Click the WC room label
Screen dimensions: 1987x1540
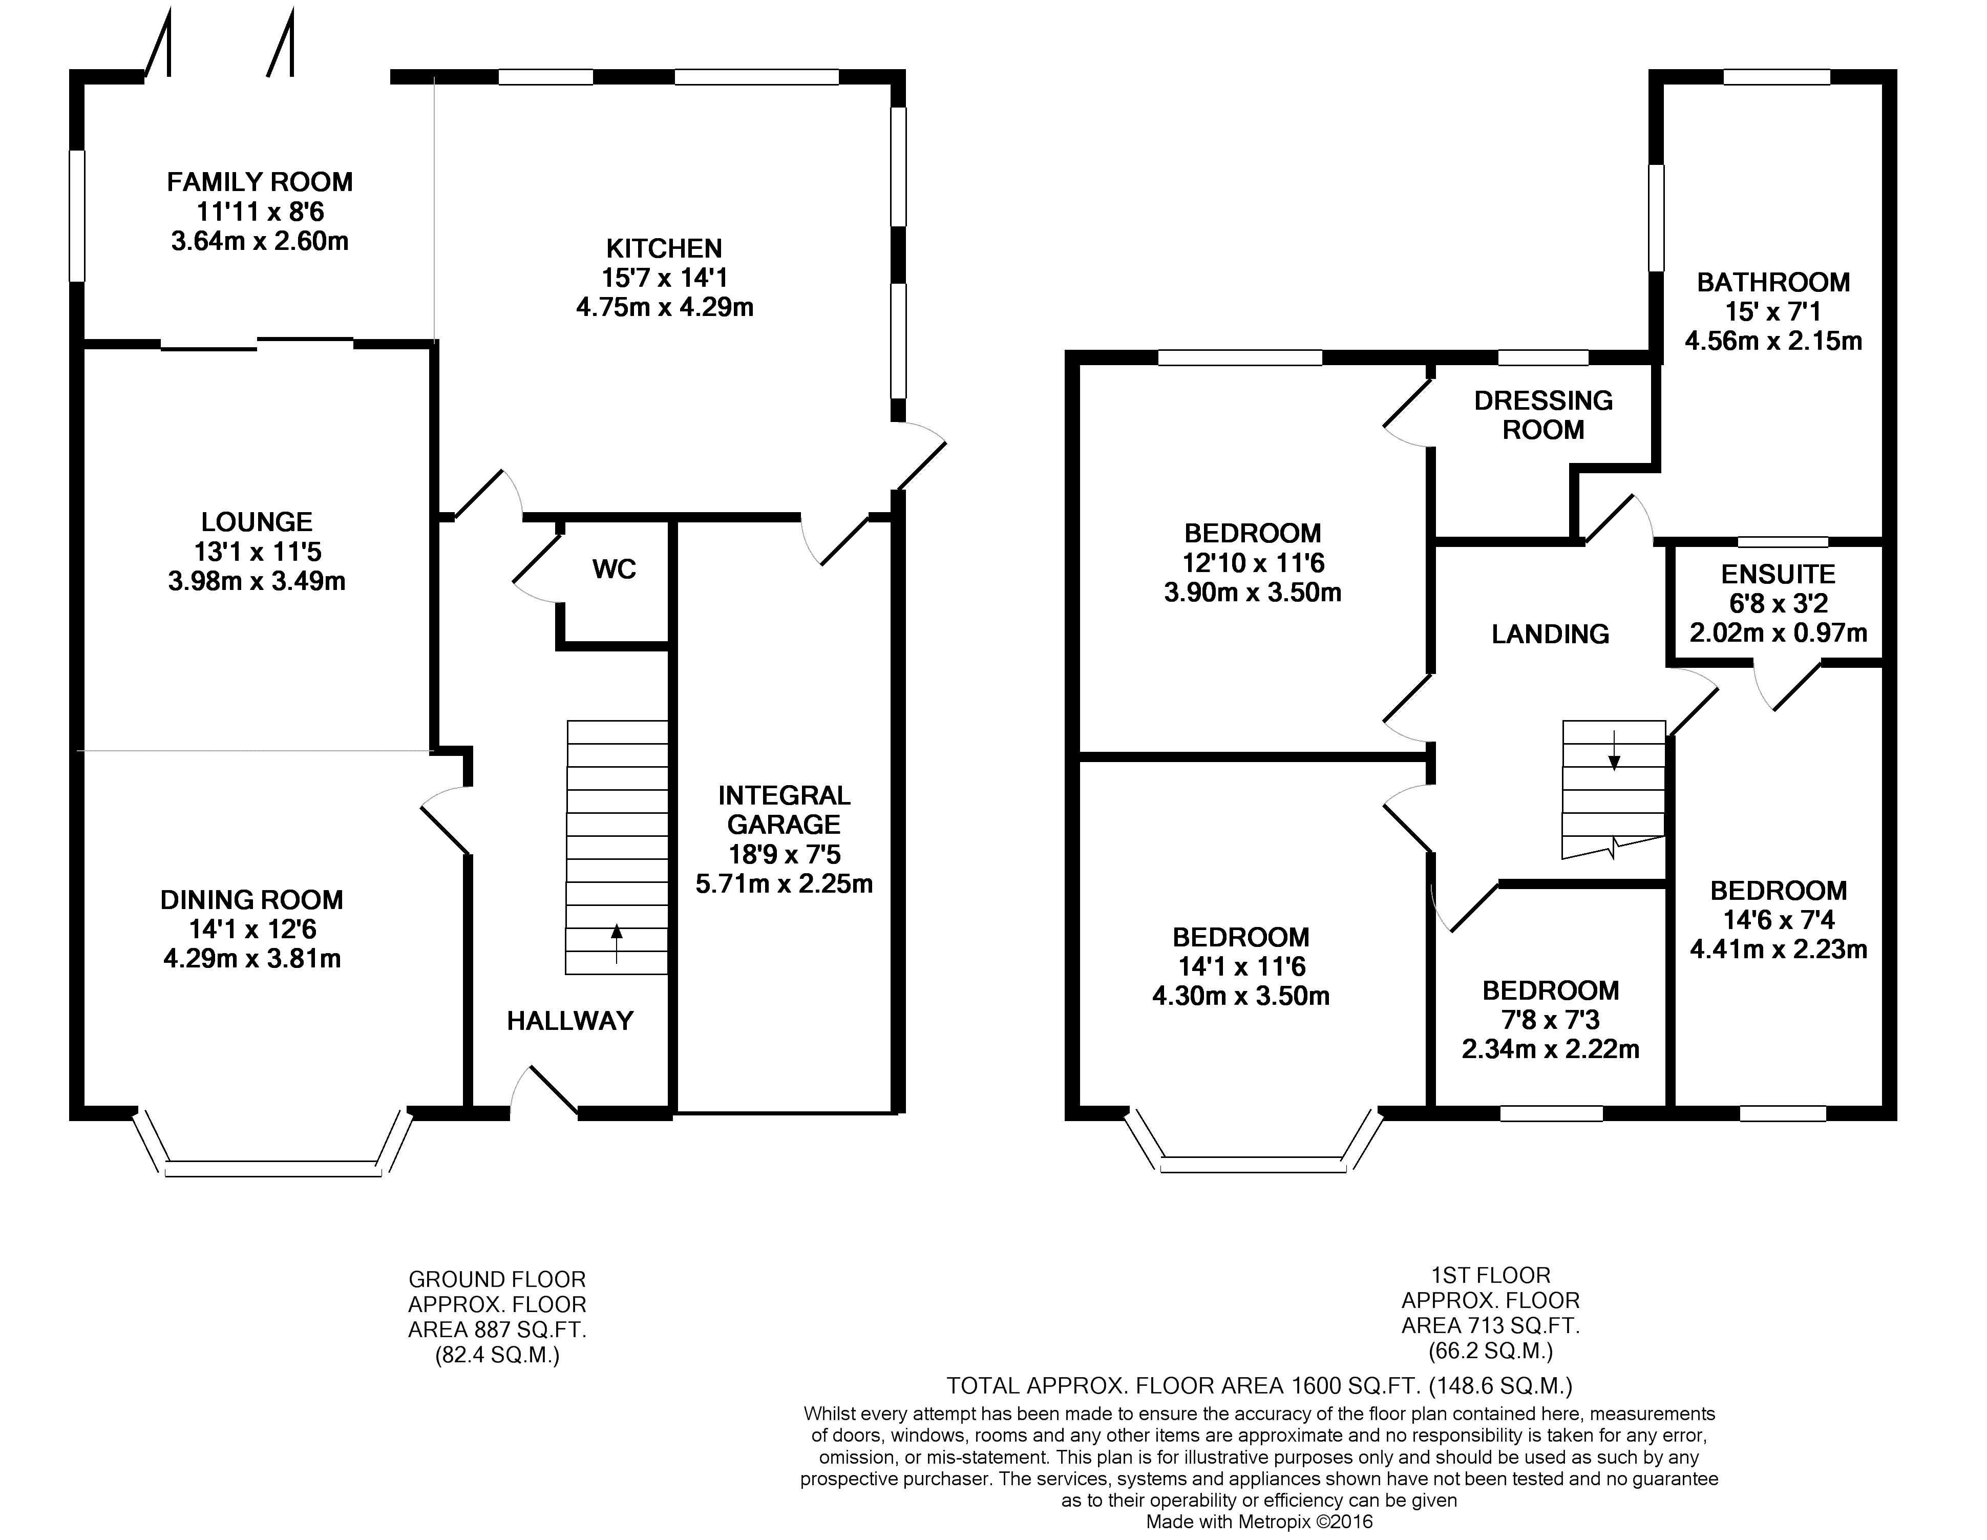(x=614, y=569)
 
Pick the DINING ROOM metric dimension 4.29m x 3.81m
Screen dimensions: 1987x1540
(x=252, y=959)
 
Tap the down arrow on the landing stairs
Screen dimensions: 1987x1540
(x=1614, y=750)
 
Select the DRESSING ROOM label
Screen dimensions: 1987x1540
(x=1544, y=415)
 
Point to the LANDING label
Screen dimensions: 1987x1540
(x=1550, y=634)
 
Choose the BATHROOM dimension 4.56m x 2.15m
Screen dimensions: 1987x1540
(x=1773, y=341)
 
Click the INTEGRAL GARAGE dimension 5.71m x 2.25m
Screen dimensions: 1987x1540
(x=784, y=883)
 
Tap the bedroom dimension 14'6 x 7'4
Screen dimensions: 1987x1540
(x=1779, y=920)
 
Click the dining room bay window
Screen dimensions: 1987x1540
(x=273, y=1169)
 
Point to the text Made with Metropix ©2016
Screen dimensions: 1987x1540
(x=1259, y=1522)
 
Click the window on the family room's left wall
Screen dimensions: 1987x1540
(x=77, y=216)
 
